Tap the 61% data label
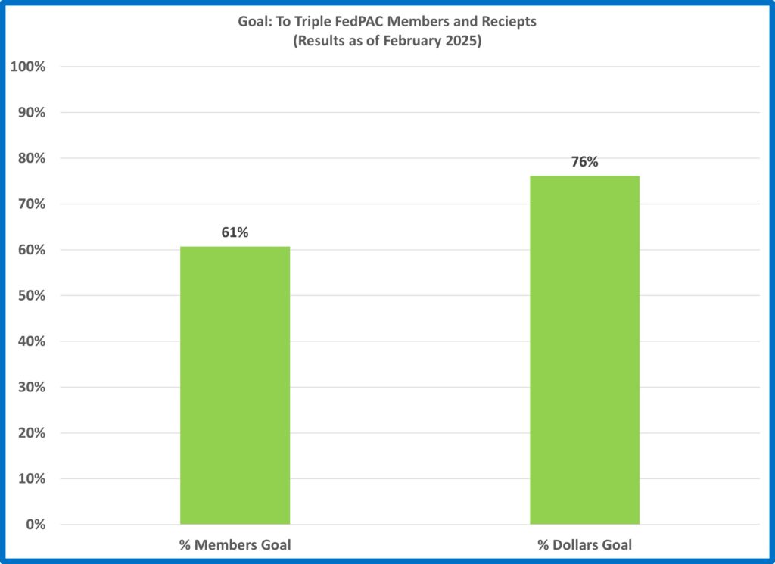tap(235, 233)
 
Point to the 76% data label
tap(584, 162)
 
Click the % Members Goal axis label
tap(235, 544)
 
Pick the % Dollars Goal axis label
tap(584, 544)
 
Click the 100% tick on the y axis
tap(28, 67)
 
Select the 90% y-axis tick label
tap(31, 113)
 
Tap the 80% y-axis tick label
tap(31, 158)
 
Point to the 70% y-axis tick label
tap(31, 204)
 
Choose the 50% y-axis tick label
tap(31, 296)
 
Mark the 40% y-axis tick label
tap(31, 341)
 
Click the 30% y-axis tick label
tap(31, 388)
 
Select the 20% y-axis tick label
tap(31, 433)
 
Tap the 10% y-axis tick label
tap(31, 479)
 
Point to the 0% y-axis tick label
tap(35, 525)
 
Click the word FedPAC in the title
tap(361, 22)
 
